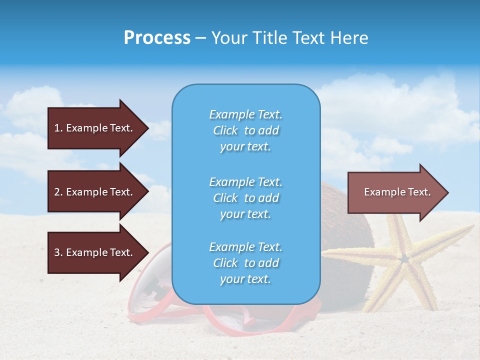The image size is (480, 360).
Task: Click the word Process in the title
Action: (x=157, y=38)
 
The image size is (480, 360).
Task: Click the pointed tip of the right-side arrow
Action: (x=447, y=192)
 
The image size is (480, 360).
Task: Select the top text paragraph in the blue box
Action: (x=245, y=130)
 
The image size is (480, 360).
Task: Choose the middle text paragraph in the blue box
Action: (x=245, y=198)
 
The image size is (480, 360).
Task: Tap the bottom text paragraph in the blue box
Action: (x=245, y=263)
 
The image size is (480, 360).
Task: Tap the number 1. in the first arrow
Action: (x=58, y=128)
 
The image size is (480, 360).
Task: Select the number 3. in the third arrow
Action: (x=58, y=252)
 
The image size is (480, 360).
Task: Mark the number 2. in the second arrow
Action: (x=58, y=192)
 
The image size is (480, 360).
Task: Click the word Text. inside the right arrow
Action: (x=419, y=192)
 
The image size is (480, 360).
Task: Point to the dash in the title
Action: (x=200, y=38)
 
